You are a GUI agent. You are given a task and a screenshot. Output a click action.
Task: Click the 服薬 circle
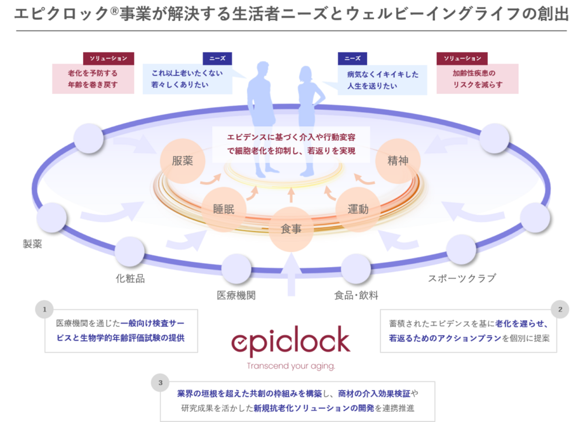[183, 161]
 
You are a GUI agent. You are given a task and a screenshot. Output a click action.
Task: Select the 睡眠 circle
[223, 209]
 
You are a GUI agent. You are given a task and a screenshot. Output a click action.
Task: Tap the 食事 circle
[291, 229]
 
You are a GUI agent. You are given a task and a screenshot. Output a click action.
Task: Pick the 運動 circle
[358, 209]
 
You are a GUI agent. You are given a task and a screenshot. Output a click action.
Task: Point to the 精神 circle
[398, 161]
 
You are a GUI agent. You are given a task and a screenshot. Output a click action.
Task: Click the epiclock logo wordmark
[291, 342]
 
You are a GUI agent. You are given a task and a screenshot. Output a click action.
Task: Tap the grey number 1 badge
[45, 309]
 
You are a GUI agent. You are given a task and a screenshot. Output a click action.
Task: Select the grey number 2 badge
[560, 309]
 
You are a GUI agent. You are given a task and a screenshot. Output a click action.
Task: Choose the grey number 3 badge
[160, 383]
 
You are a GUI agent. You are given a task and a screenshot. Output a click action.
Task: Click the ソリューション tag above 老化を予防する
[109, 58]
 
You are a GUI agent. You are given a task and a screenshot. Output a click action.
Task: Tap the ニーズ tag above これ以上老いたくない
[217, 58]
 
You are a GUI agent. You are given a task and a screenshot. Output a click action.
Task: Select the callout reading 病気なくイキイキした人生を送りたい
[382, 80]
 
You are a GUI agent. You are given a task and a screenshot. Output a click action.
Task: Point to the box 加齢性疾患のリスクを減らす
[477, 79]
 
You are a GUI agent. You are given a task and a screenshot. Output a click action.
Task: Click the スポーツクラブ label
[462, 279]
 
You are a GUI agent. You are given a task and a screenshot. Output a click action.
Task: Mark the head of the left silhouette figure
[263, 68]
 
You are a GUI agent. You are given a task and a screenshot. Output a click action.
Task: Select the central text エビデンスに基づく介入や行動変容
[291, 137]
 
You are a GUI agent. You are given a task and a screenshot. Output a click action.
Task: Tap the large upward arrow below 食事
[291, 277]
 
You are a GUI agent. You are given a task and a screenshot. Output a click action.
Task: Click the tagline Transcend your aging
[291, 366]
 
